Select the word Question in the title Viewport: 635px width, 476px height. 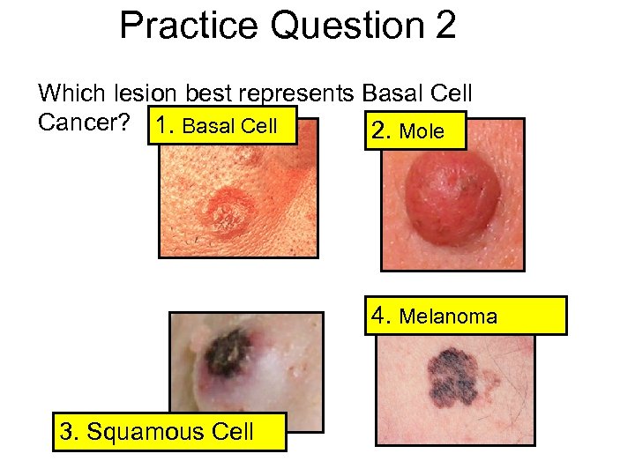[x=347, y=26]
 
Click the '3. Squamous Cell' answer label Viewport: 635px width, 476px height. [x=169, y=431]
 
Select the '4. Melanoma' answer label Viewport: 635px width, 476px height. [x=466, y=316]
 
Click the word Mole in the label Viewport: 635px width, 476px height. [x=422, y=132]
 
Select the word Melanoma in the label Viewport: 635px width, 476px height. [x=448, y=316]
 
